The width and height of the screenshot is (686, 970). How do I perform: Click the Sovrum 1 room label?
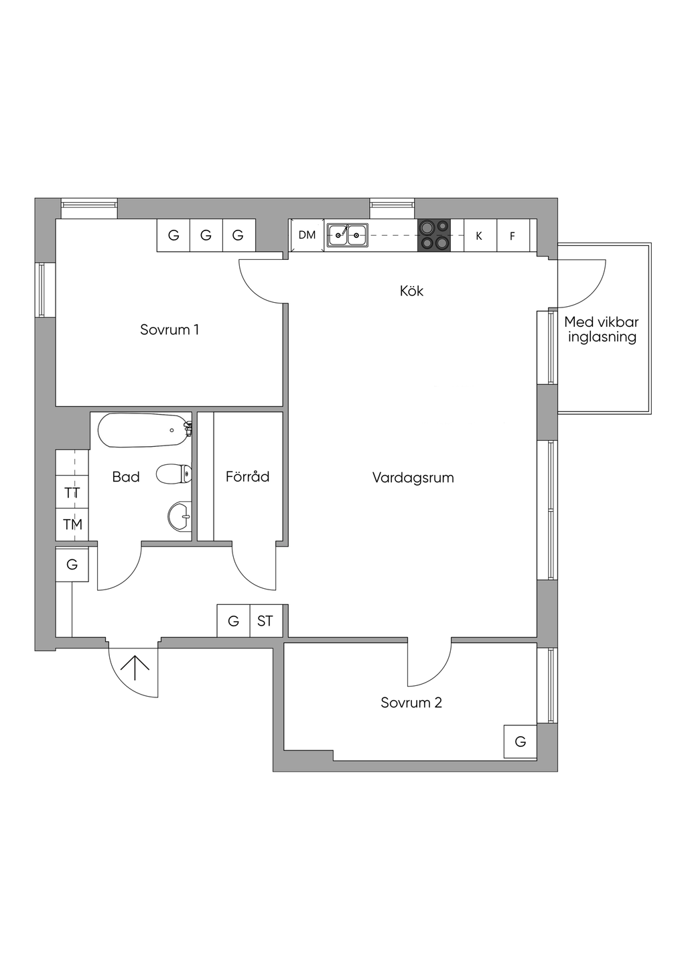click(x=169, y=330)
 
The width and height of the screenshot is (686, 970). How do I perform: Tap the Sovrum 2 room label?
click(x=411, y=703)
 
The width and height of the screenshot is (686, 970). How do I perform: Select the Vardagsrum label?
click(x=413, y=478)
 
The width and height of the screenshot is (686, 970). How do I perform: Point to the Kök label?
click(x=411, y=291)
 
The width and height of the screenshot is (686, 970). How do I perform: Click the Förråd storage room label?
click(x=247, y=476)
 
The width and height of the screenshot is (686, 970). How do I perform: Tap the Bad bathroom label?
click(x=126, y=477)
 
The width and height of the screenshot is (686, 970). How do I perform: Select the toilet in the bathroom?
click(x=174, y=474)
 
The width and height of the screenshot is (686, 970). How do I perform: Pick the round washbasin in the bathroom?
click(x=179, y=516)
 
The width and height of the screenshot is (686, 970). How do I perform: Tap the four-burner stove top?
click(x=434, y=235)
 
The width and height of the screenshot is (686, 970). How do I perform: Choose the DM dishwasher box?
click(x=307, y=235)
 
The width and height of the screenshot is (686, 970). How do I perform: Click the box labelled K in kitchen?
click(x=479, y=236)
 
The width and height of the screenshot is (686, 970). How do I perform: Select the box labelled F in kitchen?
click(x=512, y=236)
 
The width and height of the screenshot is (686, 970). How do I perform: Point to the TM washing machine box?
click(x=72, y=525)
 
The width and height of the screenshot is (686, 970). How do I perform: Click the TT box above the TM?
click(x=72, y=493)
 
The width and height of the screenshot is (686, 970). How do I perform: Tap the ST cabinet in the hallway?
click(x=265, y=621)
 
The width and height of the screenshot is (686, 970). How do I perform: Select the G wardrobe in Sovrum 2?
click(x=520, y=742)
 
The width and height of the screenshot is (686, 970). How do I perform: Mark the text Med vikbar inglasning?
click(x=601, y=330)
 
